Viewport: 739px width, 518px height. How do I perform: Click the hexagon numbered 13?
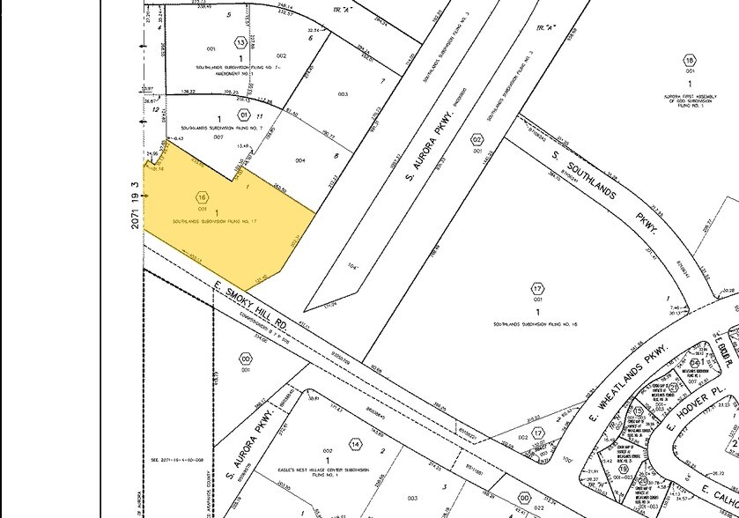tap(240, 42)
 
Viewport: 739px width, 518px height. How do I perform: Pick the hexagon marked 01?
tap(244, 114)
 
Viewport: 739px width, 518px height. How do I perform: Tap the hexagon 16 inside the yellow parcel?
tap(203, 197)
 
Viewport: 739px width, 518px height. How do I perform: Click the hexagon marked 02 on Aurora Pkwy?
tap(477, 139)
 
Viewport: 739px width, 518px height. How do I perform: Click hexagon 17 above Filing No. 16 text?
tap(537, 289)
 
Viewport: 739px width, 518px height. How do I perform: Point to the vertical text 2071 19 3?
tap(135, 206)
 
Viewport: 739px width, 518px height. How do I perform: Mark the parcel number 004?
tap(300, 160)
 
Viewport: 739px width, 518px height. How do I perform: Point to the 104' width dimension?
tap(356, 264)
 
